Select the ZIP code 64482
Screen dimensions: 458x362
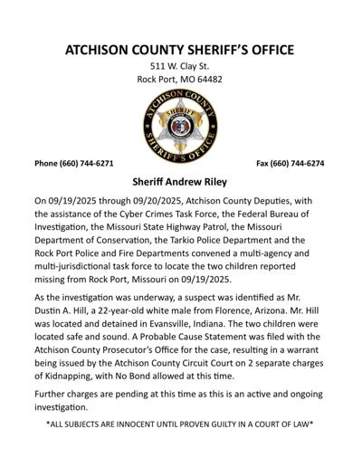(x=207, y=79)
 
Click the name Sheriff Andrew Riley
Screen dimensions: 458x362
(x=181, y=181)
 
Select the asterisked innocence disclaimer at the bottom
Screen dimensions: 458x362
(x=180, y=423)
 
